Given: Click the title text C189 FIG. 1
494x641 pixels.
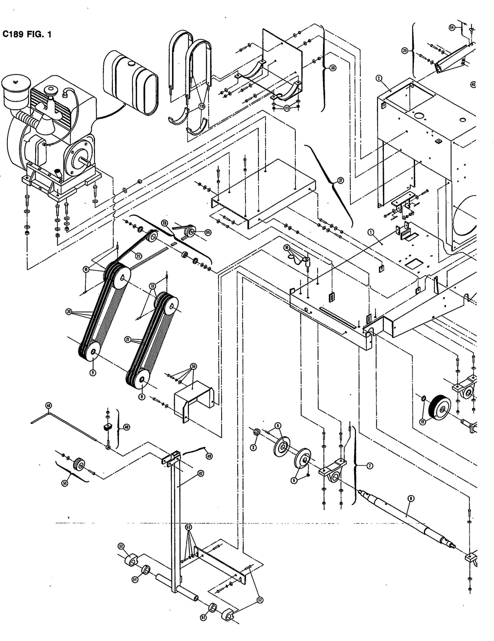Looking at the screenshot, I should pos(27,34).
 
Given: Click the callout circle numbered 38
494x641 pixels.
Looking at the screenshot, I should pos(332,68).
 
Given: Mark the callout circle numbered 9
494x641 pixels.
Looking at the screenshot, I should pos(92,373).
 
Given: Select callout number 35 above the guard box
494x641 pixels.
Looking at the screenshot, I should pos(194,367).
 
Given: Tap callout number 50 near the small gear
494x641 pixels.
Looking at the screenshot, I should pos(65,482).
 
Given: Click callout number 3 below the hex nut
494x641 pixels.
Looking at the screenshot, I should pos(253,447).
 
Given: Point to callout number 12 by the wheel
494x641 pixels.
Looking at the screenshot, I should pos(423,422).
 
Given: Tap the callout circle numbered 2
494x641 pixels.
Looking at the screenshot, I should pos(378,78).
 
